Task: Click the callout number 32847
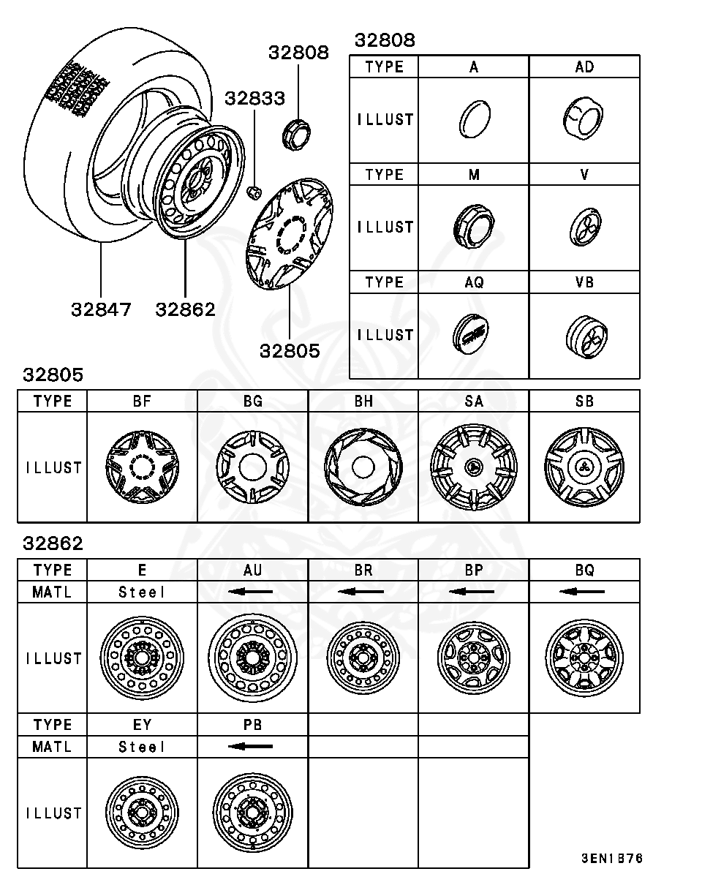101,309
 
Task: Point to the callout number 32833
254,98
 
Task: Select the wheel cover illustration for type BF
142,467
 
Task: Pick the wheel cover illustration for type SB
584,467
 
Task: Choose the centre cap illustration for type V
584,227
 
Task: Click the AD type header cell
584,67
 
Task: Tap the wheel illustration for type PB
252,813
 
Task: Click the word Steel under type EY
142,747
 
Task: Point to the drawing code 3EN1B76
612,858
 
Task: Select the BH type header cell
363,402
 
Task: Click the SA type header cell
473,402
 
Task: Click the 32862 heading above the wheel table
53,544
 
